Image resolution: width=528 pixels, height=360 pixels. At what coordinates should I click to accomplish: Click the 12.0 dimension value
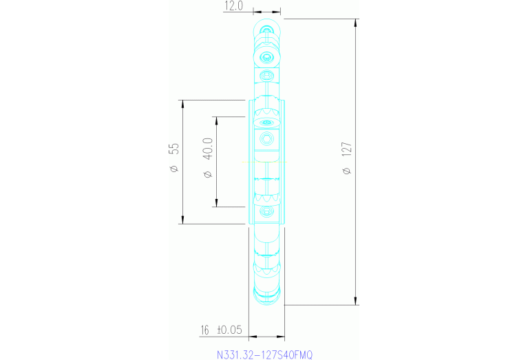(x=233, y=6)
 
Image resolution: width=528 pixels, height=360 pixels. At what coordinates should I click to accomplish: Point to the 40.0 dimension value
(x=207, y=149)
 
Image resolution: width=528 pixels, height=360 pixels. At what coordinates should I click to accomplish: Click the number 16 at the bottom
(x=204, y=330)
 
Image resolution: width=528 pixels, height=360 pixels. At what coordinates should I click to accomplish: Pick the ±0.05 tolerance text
(x=230, y=330)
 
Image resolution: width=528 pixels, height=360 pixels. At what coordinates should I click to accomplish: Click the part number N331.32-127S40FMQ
(x=264, y=355)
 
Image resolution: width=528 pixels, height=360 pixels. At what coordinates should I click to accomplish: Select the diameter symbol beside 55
(x=173, y=169)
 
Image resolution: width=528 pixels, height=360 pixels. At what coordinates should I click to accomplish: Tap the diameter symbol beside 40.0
(x=207, y=175)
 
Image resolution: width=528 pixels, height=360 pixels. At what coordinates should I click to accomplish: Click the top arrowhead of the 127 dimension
(x=356, y=22)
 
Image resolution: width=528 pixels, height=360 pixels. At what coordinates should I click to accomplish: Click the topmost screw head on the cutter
(x=266, y=30)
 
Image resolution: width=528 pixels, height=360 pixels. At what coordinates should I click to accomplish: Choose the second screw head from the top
(x=267, y=56)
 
